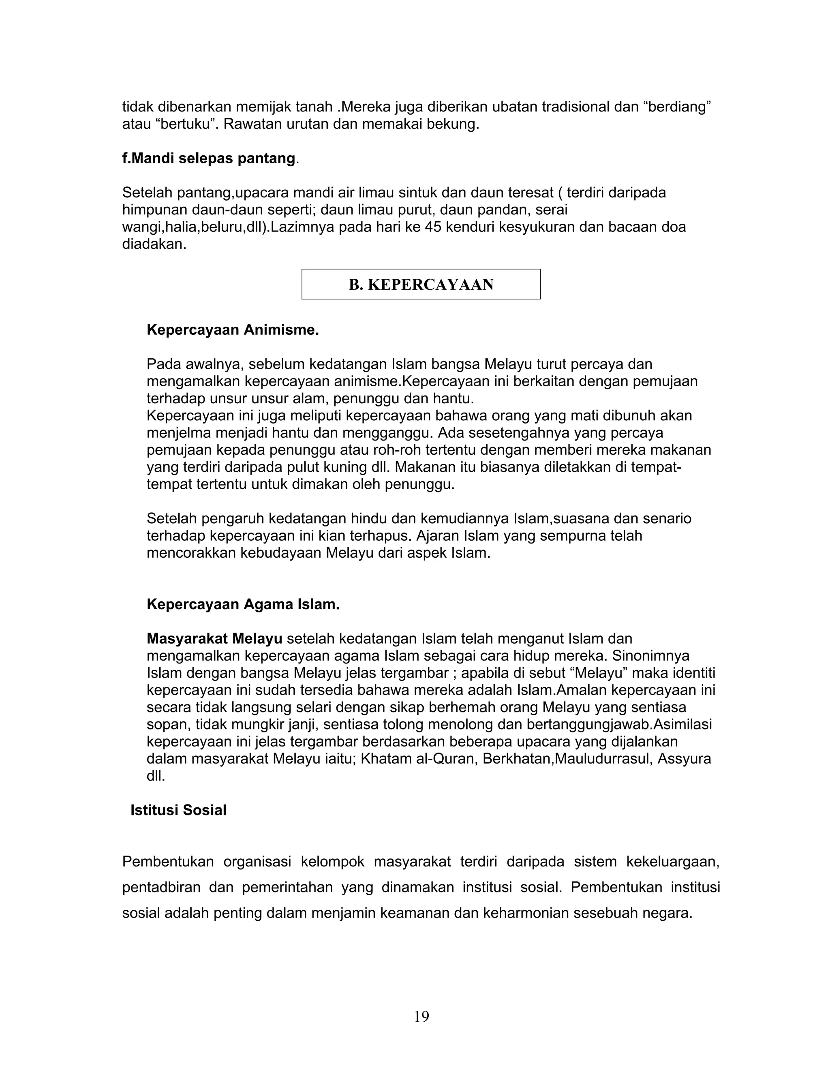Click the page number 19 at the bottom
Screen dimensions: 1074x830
[421, 1016]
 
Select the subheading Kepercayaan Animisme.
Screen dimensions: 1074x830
[233, 330]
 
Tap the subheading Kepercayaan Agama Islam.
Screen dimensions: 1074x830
[243, 604]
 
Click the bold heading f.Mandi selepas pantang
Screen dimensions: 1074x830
[210, 158]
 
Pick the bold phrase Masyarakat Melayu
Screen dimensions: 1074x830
[214, 639]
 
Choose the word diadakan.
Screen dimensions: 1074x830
[154, 244]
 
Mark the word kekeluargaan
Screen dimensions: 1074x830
[673, 862]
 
